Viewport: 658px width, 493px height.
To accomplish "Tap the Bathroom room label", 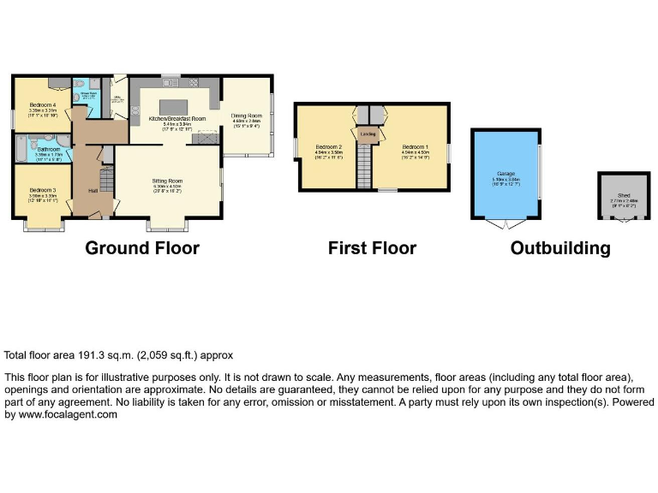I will (x=48, y=149).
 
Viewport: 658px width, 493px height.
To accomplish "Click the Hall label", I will (x=90, y=191).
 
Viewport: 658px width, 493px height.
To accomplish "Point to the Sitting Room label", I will (x=168, y=181).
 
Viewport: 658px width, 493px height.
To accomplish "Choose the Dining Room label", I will (x=247, y=116).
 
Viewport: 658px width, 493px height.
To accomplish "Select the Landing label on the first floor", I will (x=368, y=134).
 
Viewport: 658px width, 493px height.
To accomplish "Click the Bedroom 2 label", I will (x=328, y=146).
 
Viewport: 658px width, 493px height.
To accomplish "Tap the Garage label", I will (x=504, y=173).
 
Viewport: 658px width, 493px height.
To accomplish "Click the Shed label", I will (x=620, y=195).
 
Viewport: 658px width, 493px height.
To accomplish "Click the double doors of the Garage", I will (x=505, y=224).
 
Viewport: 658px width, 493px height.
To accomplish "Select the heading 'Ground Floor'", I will (x=141, y=248).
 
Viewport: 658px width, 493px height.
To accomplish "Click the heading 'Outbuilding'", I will (x=560, y=248).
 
